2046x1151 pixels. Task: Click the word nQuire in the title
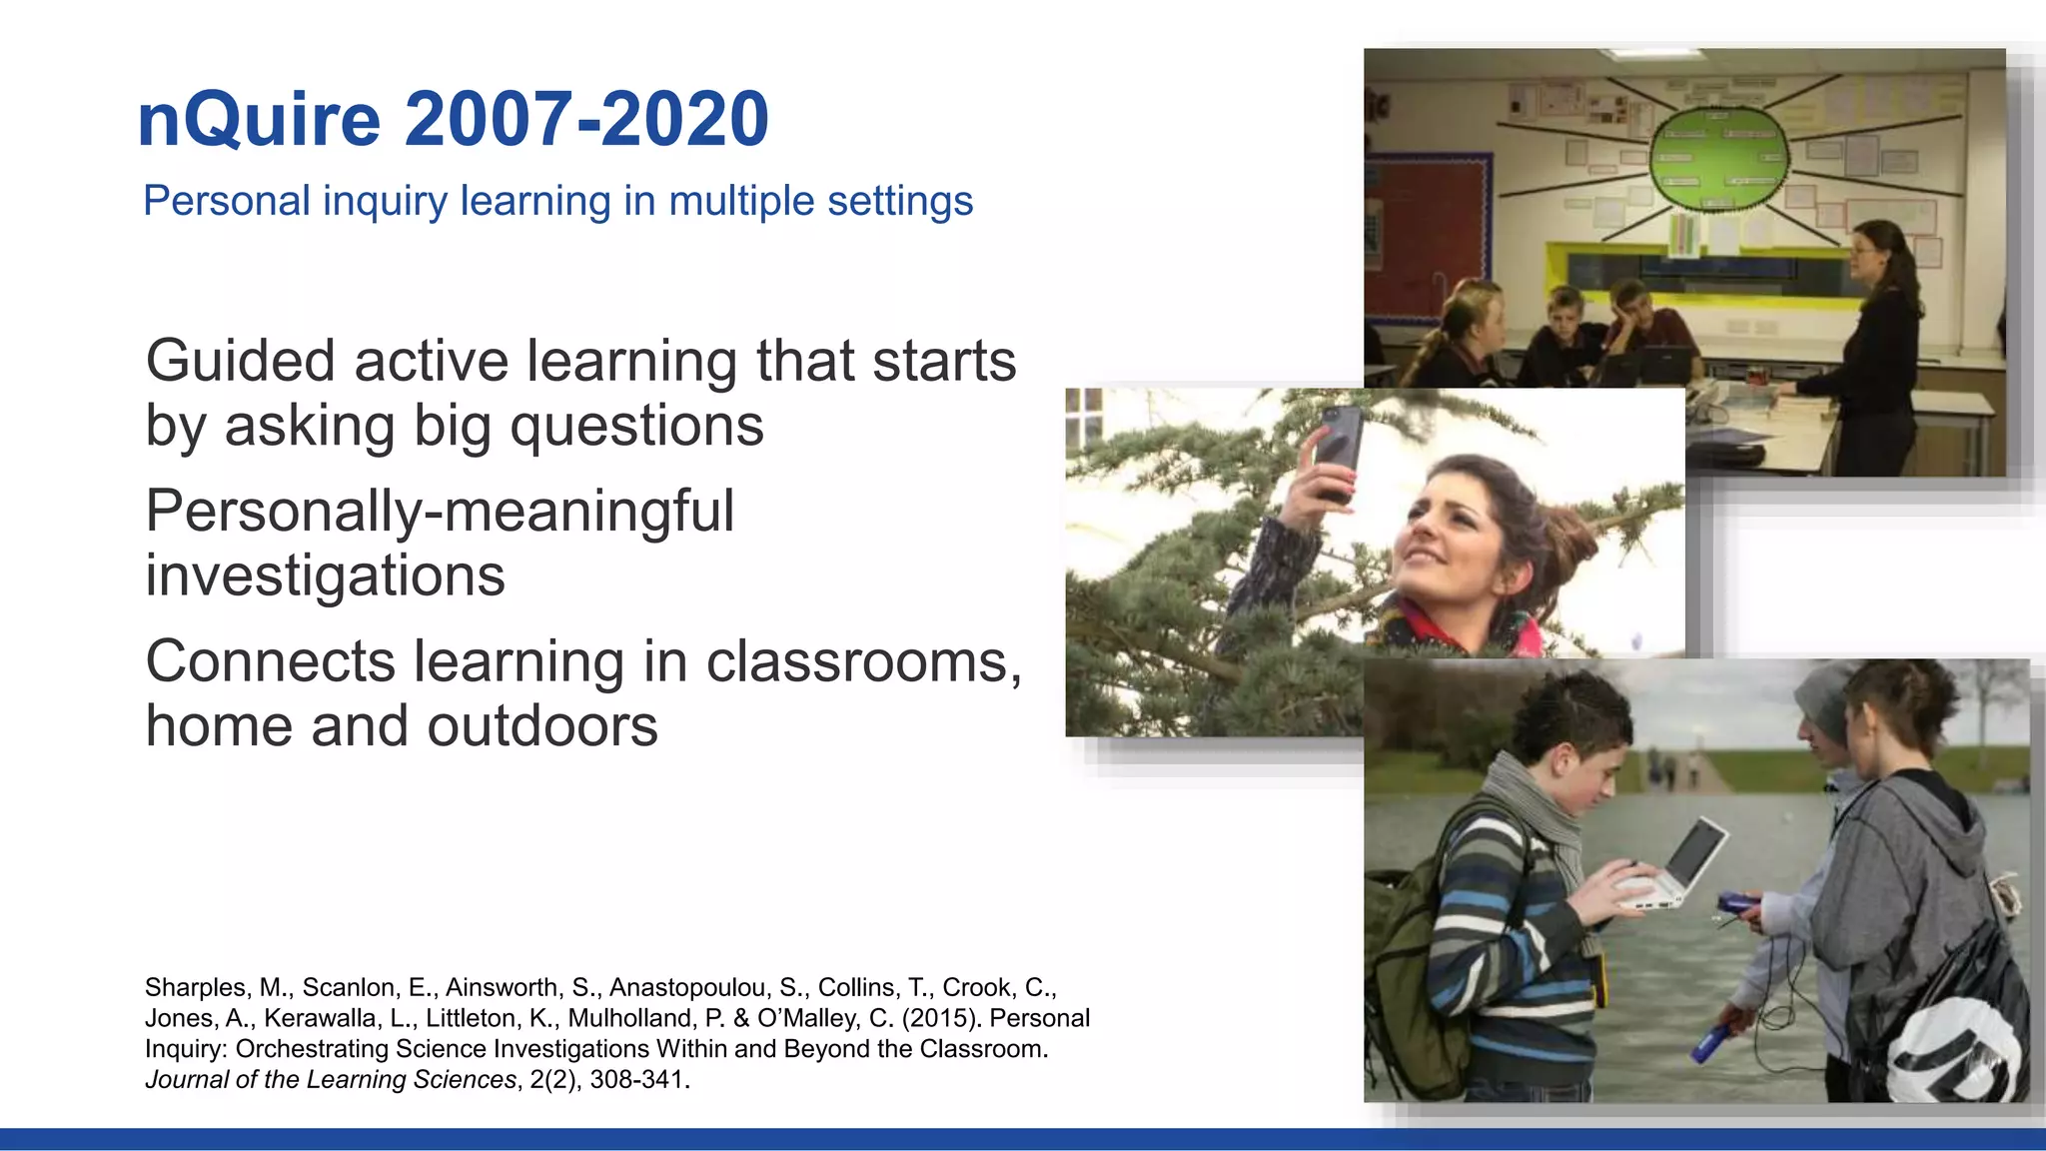259,120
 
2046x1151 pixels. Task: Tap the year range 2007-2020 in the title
586,120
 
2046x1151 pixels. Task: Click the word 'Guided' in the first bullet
240,362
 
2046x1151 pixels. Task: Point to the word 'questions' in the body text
636,427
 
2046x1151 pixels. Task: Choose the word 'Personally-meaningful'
440,512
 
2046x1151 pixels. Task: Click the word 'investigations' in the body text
326,576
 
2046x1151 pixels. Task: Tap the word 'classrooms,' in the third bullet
863,662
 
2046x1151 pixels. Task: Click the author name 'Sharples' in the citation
195,988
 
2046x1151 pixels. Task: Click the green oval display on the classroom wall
1718,160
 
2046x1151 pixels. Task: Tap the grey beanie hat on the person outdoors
1824,698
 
